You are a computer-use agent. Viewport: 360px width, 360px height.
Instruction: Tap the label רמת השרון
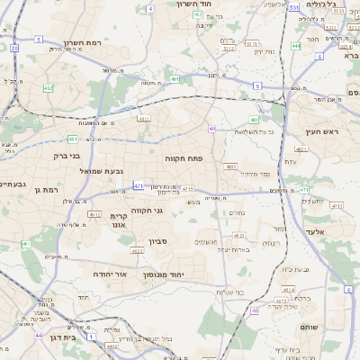(85, 42)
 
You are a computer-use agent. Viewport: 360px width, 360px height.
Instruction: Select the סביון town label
(158, 241)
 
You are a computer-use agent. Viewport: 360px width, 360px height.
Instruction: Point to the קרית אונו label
(121, 221)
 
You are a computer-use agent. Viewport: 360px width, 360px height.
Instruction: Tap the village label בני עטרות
(238, 291)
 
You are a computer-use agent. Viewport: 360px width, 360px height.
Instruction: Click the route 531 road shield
(294, 7)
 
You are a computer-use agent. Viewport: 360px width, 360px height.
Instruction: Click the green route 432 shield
(48, 88)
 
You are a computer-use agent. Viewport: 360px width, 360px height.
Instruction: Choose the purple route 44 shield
(39, 335)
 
